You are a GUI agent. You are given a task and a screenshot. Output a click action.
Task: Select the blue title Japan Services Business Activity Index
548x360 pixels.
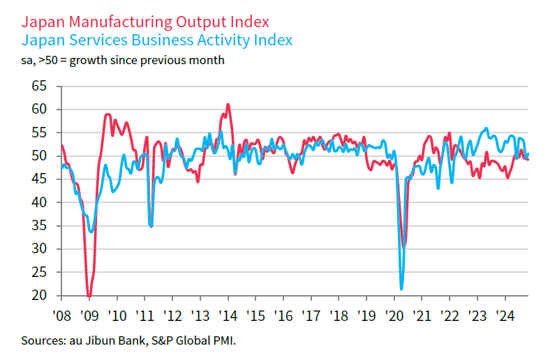pos(157,40)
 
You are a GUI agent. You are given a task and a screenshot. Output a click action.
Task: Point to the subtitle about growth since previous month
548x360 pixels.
pos(123,59)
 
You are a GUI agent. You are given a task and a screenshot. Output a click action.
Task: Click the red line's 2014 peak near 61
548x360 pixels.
pos(228,105)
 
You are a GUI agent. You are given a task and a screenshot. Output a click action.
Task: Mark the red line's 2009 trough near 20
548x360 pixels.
pos(89,296)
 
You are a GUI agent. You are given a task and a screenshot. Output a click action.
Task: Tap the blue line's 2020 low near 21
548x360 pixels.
pos(401,288)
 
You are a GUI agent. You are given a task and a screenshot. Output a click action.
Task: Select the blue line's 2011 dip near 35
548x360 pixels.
pos(151,226)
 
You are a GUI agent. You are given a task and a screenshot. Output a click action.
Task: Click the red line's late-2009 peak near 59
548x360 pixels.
pos(108,114)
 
